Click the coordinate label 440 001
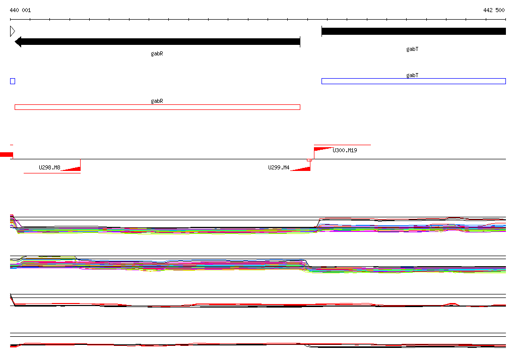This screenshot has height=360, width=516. click(x=20, y=10)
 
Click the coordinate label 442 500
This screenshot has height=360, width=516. click(x=494, y=10)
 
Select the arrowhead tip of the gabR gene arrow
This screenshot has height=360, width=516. click(x=15, y=42)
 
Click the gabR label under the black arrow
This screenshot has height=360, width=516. click(x=157, y=53)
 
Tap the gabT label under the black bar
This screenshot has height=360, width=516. click(x=412, y=49)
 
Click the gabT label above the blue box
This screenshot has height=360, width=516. click(x=412, y=75)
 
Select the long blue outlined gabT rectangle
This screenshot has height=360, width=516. click(x=414, y=81)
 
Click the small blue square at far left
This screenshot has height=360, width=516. click(x=13, y=81)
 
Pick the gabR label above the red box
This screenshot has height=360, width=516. click(x=157, y=101)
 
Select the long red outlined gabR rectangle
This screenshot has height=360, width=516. click(x=157, y=107)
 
